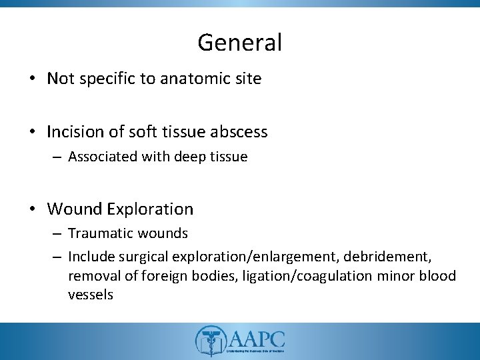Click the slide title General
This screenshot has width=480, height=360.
coord(239,43)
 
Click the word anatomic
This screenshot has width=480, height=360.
coord(189,79)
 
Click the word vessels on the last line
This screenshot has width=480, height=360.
coord(90,294)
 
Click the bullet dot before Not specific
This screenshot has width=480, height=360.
coord(32,79)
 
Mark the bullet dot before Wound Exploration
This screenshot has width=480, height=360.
coord(32,209)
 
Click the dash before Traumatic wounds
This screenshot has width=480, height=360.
coord(58,234)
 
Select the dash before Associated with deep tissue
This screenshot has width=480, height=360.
coord(58,157)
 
